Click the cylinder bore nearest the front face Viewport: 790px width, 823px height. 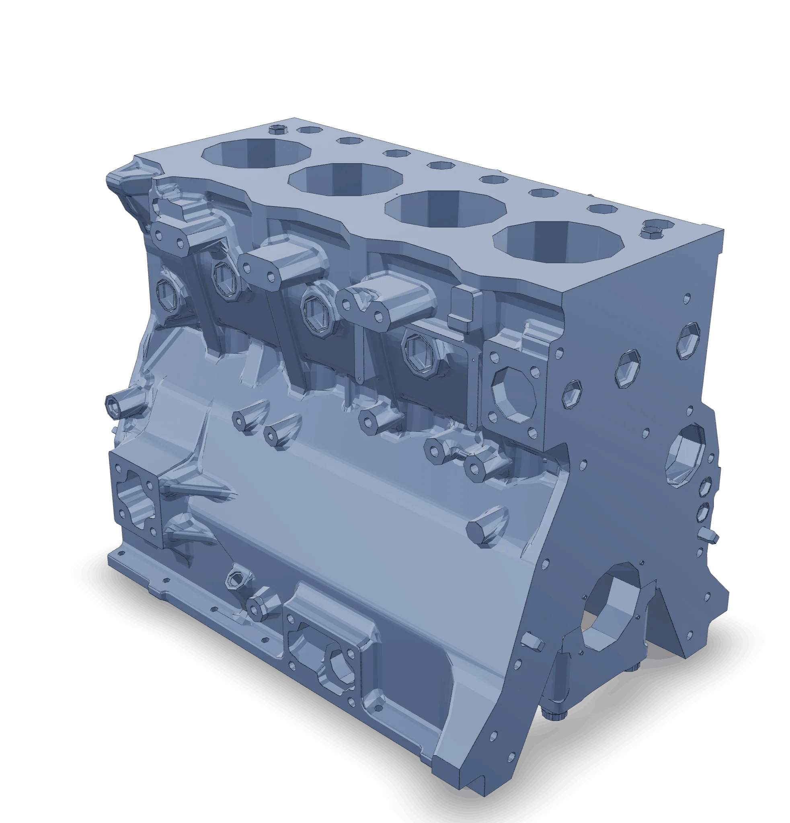(558, 243)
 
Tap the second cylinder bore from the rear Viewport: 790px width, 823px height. (345, 180)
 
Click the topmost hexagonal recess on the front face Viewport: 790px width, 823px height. (689, 340)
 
